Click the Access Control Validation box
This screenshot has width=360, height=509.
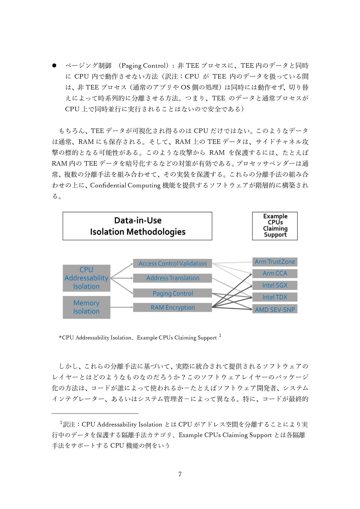coord(172,263)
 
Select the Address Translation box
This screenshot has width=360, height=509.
coord(172,278)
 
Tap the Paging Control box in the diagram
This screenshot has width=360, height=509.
coord(172,293)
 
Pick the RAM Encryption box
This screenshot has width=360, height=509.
coord(172,307)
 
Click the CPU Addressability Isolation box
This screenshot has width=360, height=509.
coord(86,278)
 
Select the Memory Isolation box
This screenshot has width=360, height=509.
coord(86,307)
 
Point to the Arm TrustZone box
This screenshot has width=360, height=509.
coord(275,262)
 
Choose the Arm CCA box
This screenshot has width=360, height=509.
coord(275,274)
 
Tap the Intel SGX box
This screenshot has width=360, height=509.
coord(275,285)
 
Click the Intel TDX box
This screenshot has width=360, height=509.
coord(275,297)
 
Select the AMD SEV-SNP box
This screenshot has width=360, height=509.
coord(275,309)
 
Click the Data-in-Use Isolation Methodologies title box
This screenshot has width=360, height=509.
coord(137,226)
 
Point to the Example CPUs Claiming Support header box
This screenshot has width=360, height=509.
coord(275,226)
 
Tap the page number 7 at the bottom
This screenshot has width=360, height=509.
coord(180,474)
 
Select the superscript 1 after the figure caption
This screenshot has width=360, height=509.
coord(220,336)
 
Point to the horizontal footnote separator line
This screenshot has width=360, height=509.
coord(95,413)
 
